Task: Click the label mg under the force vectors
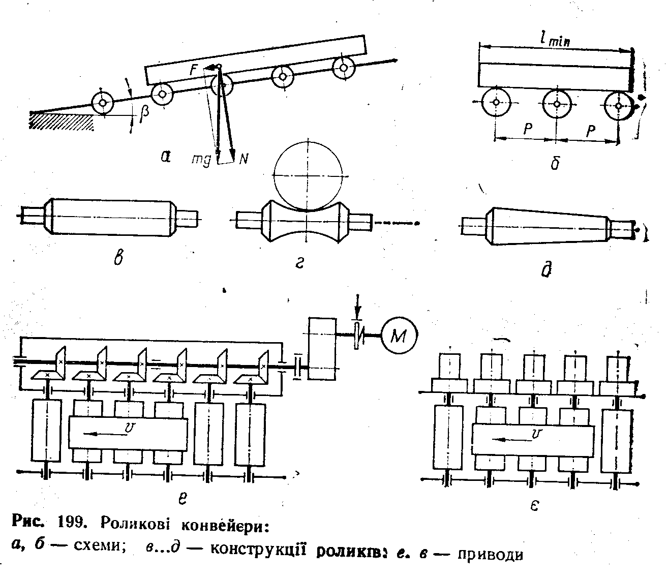click(x=201, y=159)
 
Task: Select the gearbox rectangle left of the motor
click(x=322, y=348)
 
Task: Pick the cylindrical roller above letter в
click(x=110, y=217)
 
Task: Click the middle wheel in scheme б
click(x=557, y=104)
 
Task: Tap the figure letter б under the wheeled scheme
click(x=554, y=162)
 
